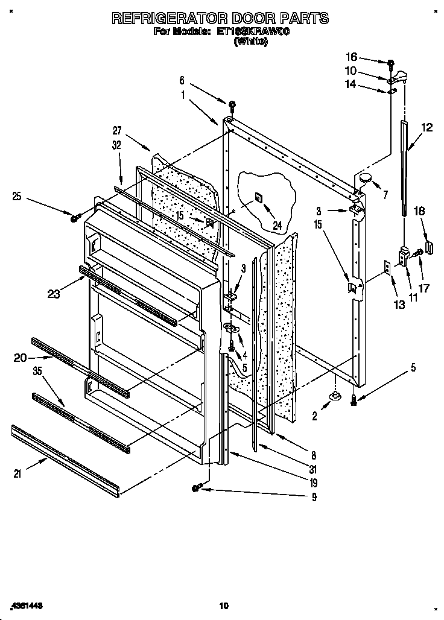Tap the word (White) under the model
pos(251,42)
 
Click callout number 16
pos(350,57)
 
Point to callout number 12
pos(427,127)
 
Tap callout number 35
pos(37,372)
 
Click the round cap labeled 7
pos(366,177)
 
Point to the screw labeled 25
pos(75,218)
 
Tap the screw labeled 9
pos(196,488)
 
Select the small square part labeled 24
pos(258,197)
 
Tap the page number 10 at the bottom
pos(223,605)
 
